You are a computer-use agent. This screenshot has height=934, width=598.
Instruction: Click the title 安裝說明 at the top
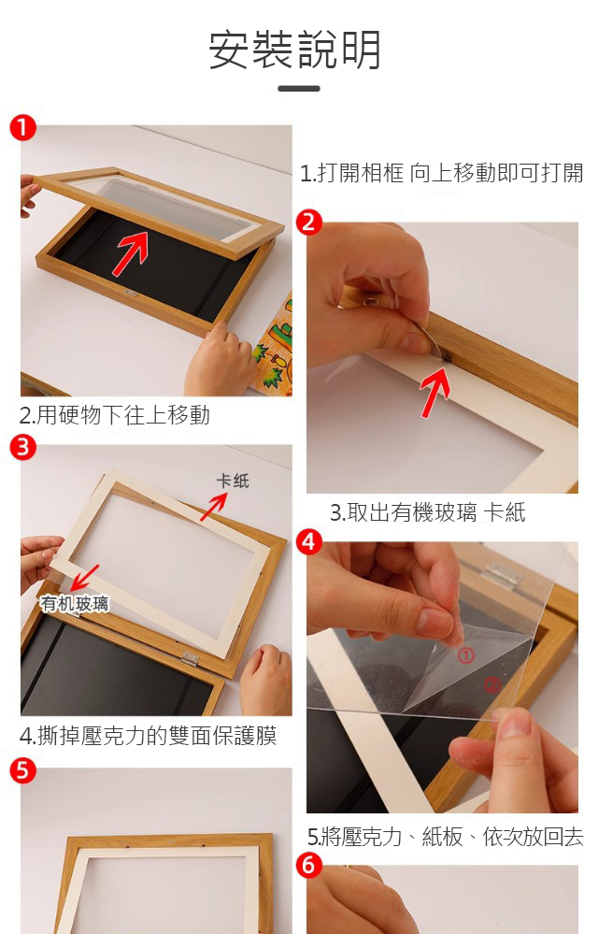tap(295, 50)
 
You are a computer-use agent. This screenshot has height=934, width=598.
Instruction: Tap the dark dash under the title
tap(299, 89)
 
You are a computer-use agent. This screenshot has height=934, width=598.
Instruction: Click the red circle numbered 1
tap(22, 127)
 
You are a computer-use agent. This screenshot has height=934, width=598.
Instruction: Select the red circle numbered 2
tap(309, 223)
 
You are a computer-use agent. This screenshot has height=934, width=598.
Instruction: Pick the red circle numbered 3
tap(22, 447)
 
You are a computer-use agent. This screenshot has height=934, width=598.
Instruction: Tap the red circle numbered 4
tap(309, 541)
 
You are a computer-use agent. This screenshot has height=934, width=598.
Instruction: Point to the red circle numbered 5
tap(22, 770)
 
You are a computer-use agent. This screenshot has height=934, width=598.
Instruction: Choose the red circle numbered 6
tap(309, 864)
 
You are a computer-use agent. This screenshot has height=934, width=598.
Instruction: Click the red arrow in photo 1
tap(131, 253)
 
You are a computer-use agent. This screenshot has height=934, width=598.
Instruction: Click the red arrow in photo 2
tap(435, 392)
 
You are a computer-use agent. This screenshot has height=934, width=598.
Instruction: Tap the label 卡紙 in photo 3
tap(233, 481)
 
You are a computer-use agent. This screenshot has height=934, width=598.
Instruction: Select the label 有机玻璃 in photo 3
tap(75, 603)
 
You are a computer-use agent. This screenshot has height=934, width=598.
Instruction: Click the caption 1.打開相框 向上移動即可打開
tap(442, 173)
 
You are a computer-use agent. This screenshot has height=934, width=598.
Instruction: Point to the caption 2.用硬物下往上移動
tap(115, 414)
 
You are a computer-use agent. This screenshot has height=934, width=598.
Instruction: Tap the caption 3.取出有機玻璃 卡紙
tap(428, 512)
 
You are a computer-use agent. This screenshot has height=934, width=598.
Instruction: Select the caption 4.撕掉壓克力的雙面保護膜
tap(149, 736)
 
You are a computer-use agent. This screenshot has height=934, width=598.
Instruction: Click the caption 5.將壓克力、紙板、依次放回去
tap(445, 837)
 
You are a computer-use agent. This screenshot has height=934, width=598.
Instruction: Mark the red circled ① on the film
tap(465, 655)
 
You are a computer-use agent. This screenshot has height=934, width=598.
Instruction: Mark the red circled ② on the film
tap(491, 685)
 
